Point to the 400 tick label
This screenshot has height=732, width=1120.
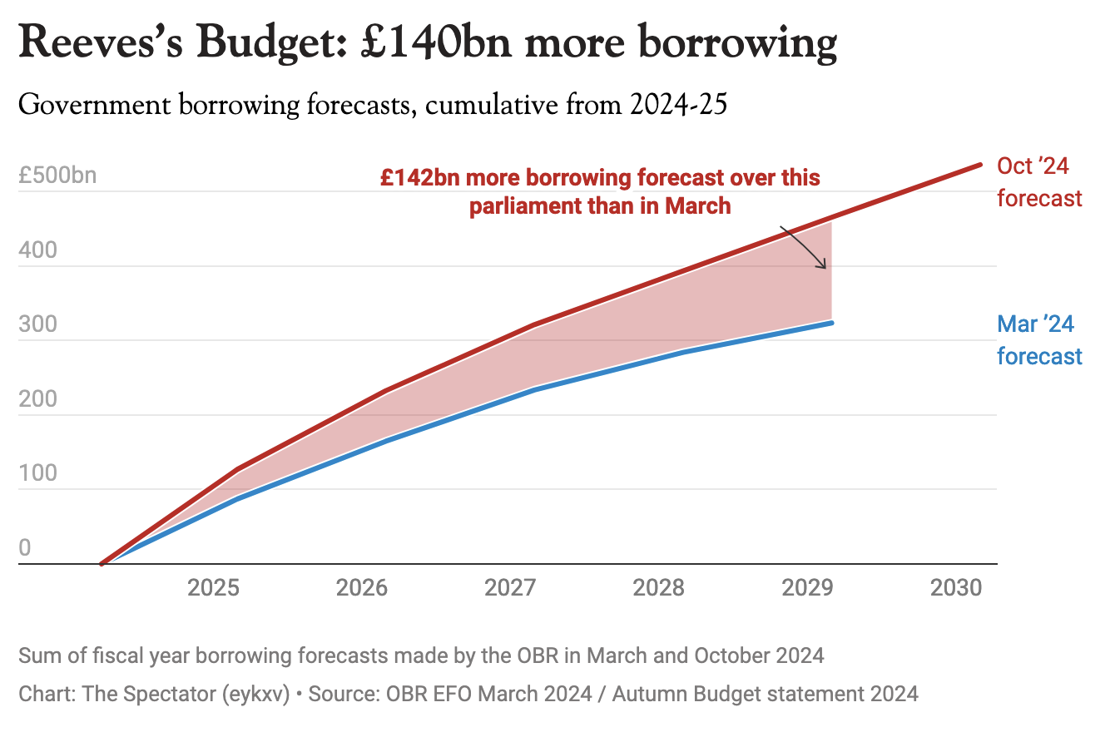(x=37, y=250)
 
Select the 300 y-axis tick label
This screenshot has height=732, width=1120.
(x=37, y=324)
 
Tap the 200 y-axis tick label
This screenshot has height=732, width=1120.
(x=37, y=398)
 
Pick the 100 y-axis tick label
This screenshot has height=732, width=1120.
(x=37, y=473)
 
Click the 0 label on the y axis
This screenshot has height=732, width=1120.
(x=25, y=547)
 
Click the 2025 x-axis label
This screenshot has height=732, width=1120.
(x=214, y=588)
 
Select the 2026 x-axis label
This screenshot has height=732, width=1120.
(x=362, y=588)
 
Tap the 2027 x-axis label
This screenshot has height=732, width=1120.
(x=510, y=588)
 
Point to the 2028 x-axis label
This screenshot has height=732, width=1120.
(x=659, y=588)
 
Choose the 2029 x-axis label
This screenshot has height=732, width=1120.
(x=808, y=588)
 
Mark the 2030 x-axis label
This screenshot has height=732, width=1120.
(x=956, y=588)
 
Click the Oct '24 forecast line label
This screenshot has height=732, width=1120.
(x=1039, y=182)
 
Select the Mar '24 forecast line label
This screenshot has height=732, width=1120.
(x=1039, y=340)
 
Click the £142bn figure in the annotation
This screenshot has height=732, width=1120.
(x=418, y=178)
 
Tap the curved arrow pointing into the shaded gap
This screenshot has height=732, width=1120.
(x=805, y=247)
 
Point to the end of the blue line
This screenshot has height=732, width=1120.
(x=831, y=323)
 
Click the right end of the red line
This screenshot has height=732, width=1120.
(x=980, y=165)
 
